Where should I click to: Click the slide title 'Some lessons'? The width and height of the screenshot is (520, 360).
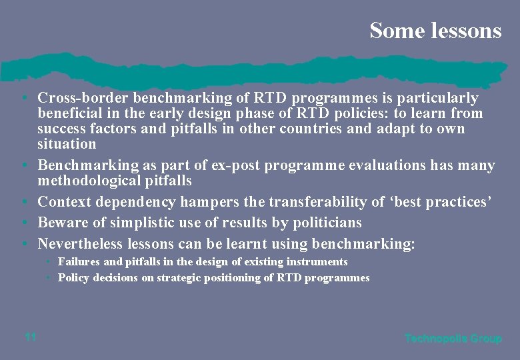pyautogui.click(x=435, y=30)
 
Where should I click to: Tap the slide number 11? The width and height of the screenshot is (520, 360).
pyautogui.click(x=30, y=337)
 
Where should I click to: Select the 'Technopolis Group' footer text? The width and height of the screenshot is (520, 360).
pyautogui.click(x=453, y=339)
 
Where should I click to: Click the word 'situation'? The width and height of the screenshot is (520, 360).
pyautogui.click(x=67, y=144)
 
